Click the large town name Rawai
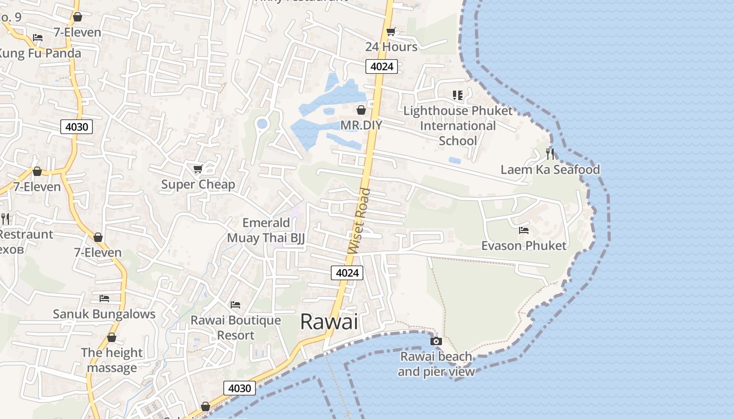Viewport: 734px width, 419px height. click(x=329, y=322)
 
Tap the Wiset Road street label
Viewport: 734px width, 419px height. click(x=359, y=222)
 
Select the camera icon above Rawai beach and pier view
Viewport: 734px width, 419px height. click(x=436, y=341)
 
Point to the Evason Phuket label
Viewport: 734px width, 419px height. click(x=524, y=246)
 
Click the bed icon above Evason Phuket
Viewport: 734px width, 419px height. click(x=523, y=230)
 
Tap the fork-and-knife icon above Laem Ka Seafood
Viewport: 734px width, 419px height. click(x=549, y=153)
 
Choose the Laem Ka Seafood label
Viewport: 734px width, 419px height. click(x=550, y=169)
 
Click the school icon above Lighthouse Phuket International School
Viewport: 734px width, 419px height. click(x=458, y=95)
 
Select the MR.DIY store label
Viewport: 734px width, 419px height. click(x=361, y=125)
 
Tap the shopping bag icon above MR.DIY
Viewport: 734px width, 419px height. click(x=361, y=110)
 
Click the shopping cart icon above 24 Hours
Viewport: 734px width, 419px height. click(x=391, y=32)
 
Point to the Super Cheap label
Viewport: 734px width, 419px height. click(x=198, y=184)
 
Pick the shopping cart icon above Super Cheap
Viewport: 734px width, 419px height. click(x=198, y=169)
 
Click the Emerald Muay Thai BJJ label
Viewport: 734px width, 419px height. click(x=266, y=230)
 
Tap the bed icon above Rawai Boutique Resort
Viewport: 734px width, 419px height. click(x=235, y=305)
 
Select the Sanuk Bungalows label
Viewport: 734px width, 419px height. click(x=104, y=314)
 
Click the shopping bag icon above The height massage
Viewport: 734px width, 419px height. click(x=111, y=338)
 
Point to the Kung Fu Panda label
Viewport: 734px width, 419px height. click(x=40, y=53)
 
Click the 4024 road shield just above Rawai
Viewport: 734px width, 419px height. click(x=347, y=273)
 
